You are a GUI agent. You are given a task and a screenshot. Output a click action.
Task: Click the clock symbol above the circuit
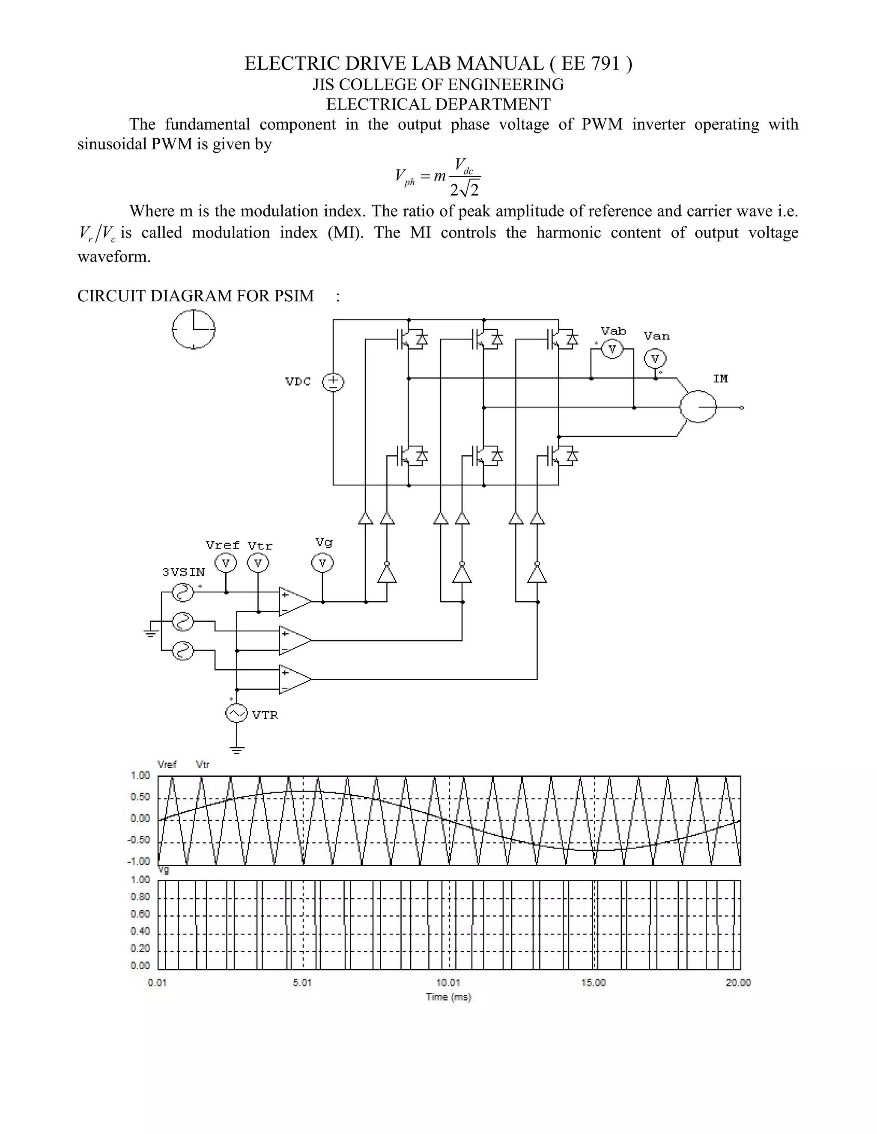click(193, 329)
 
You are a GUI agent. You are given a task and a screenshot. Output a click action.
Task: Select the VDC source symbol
click(333, 382)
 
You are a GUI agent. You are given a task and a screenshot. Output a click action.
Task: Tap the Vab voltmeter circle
click(612, 350)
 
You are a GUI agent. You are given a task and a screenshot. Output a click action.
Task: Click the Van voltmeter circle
click(655, 359)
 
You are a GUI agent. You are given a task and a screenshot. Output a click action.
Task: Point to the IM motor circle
click(698, 407)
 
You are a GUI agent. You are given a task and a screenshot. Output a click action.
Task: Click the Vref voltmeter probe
click(226, 563)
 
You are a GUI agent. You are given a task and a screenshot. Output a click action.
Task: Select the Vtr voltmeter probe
click(258, 563)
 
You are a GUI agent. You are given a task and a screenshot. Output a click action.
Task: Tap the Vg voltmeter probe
click(322, 563)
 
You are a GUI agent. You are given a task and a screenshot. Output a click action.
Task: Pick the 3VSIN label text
click(183, 572)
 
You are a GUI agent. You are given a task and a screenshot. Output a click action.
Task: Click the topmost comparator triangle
click(295, 602)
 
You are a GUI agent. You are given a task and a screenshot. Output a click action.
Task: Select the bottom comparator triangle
click(295, 679)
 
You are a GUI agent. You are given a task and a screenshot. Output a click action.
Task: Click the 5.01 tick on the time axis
click(302, 983)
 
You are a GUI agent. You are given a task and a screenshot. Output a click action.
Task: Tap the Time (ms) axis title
click(448, 997)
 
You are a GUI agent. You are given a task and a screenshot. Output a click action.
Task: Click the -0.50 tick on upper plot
click(138, 840)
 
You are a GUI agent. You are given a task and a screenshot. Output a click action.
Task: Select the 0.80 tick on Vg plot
click(140, 897)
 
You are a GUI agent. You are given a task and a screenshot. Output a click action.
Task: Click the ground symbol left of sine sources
click(151, 631)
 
